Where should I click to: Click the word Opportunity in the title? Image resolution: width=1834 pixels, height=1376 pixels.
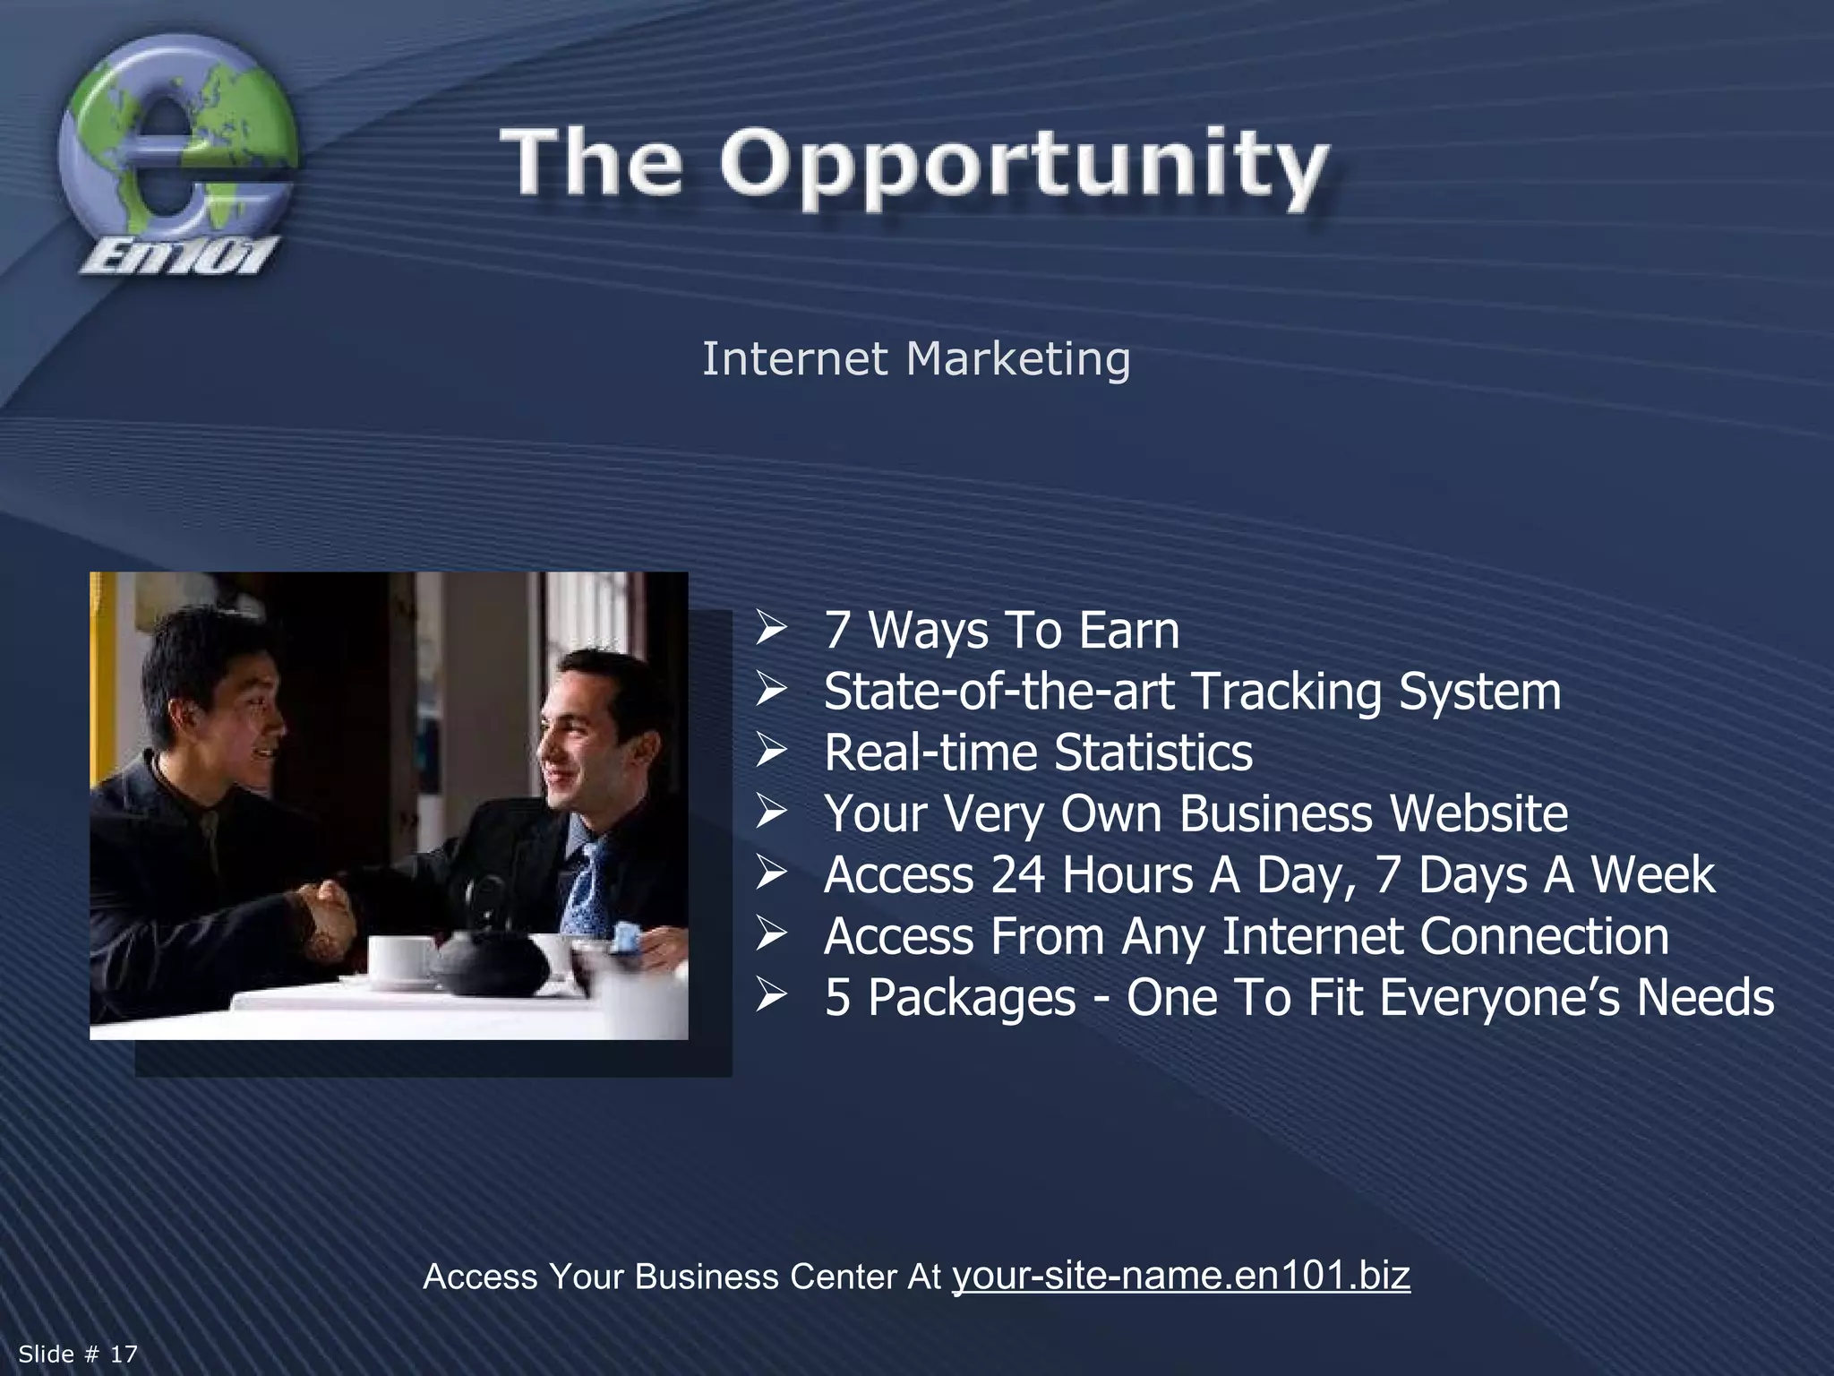[1024, 166]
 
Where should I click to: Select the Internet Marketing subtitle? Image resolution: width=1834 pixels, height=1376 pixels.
[915, 359]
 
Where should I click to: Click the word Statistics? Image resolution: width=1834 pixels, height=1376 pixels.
[1153, 752]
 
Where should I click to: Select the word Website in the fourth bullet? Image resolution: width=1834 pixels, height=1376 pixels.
[1478, 813]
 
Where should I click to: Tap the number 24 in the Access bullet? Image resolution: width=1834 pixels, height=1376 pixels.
[1018, 874]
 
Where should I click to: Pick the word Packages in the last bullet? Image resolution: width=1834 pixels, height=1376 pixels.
[972, 997]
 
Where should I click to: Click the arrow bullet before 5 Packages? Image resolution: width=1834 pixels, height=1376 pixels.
[770, 994]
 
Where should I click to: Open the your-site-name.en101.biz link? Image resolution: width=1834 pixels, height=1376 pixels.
[1180, 1275]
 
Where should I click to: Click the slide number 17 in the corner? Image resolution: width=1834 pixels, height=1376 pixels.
[124, 1354]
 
